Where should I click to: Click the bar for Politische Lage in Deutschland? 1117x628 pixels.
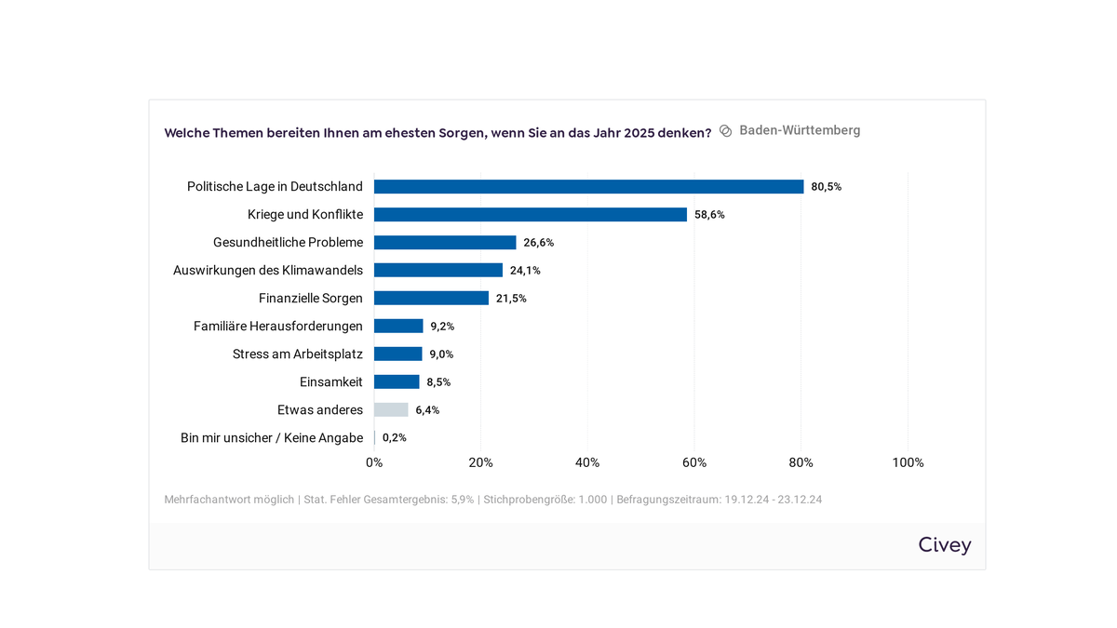pos(588,187)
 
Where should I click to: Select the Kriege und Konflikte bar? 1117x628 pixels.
pos(531,215)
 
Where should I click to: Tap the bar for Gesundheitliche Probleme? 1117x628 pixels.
pos(445,243)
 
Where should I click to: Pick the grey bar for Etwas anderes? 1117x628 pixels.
pos(391,410)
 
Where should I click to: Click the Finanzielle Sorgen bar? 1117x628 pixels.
pos(431,299)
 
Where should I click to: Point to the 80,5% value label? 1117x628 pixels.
pos(826,187)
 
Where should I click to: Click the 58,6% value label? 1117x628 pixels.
pos(709,215)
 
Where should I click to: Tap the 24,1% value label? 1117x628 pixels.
pos(525,271)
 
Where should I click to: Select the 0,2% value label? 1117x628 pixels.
pos(395,438)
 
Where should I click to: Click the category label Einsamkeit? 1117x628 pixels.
pos(331,382)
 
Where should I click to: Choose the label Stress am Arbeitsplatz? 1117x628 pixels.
pos(298,354)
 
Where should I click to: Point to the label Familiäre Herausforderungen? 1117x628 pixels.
pos(278,327)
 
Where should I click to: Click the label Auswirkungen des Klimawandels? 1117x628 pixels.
pos(268,271)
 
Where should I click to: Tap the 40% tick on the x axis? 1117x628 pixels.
pos(587,463)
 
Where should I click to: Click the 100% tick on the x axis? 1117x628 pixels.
pos(908,463)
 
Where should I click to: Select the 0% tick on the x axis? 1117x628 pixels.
pos(374,463)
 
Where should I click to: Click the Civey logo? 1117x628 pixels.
pos(944,545)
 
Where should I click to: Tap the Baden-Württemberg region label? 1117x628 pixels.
pos(800,131)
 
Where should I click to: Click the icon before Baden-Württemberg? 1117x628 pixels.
pos(726,131)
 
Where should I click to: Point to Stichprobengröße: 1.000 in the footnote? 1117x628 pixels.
pos(545,500)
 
